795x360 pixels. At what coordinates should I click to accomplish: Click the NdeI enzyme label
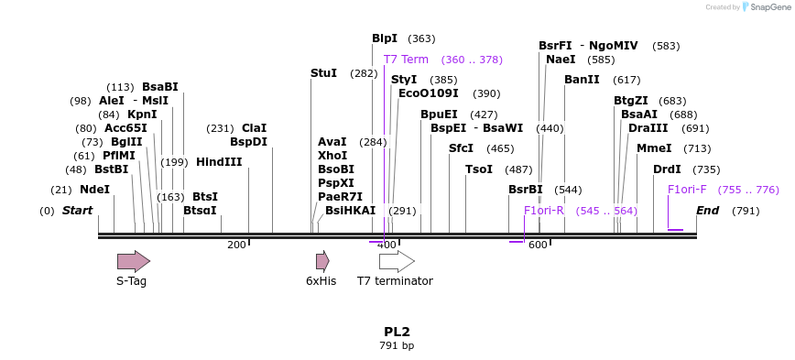coord(94,190)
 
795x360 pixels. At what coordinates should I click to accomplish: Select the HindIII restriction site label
coord(219,162)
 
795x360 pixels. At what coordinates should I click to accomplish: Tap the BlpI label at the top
coord(385,38)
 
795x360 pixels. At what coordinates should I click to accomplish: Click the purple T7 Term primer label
coord(406,60)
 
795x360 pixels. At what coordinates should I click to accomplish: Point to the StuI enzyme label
coord(323,73)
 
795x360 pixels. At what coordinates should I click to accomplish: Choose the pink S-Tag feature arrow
coord(133,261)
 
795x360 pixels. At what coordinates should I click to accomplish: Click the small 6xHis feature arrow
coord(322,261)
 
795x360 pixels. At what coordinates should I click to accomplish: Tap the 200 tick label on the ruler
coord(236,245)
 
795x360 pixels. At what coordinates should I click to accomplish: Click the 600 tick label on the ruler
coord(538,245)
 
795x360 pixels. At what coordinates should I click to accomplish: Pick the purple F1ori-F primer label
coord(687,190)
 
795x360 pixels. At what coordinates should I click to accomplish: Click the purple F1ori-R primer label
coord(544,211)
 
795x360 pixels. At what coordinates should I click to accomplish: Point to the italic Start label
coord(78,211)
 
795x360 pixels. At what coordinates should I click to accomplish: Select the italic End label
coord(707,211)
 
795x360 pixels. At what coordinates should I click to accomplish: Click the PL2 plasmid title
coord(397,332)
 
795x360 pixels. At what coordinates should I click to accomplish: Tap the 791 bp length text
coord(397,346)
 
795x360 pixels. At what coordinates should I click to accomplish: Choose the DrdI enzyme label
coord(667,169)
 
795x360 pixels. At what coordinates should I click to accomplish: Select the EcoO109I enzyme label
coord(429,93)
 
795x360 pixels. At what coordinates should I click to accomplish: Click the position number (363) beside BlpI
coord(421,38)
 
